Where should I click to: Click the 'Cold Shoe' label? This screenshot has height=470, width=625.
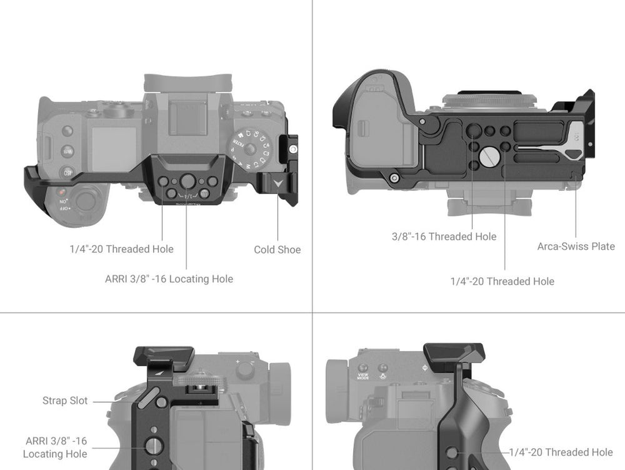277,250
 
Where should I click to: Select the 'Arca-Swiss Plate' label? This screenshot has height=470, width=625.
576,247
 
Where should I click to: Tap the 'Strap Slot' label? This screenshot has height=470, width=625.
65,401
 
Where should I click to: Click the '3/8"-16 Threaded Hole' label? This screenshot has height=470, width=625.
444,237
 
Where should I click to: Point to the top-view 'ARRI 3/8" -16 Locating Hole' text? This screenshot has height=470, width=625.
169,278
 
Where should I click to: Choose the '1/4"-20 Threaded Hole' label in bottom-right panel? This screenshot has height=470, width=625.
561,452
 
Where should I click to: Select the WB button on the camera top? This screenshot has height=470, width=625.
67,151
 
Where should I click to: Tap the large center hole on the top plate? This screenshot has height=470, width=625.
187,181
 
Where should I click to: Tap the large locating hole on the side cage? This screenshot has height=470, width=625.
152,446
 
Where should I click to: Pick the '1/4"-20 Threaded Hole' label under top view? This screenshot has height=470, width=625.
121,249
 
